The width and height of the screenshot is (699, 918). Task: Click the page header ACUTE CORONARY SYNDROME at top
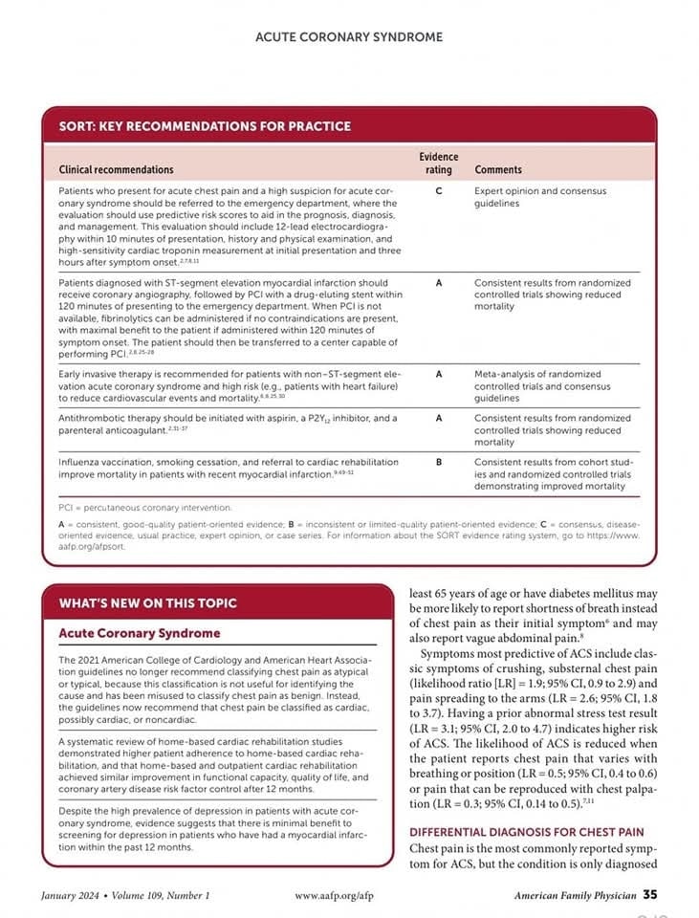(349, 37)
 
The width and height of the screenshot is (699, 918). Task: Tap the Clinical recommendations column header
(117, 169)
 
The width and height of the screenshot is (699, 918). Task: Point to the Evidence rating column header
(438, 163)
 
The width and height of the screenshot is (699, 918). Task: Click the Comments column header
(498, 169)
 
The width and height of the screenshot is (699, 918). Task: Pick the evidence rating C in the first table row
(438, 191)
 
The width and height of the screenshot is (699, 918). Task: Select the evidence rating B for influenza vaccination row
(438, 463)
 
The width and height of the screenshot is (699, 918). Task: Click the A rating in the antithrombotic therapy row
(438, 418)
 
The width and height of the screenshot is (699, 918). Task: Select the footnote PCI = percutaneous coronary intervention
(145, 508)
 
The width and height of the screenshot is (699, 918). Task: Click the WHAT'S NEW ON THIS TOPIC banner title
(148, 603)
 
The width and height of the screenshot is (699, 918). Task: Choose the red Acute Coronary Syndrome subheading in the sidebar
(140, 633)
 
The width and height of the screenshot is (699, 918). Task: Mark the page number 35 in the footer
(649, 895)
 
